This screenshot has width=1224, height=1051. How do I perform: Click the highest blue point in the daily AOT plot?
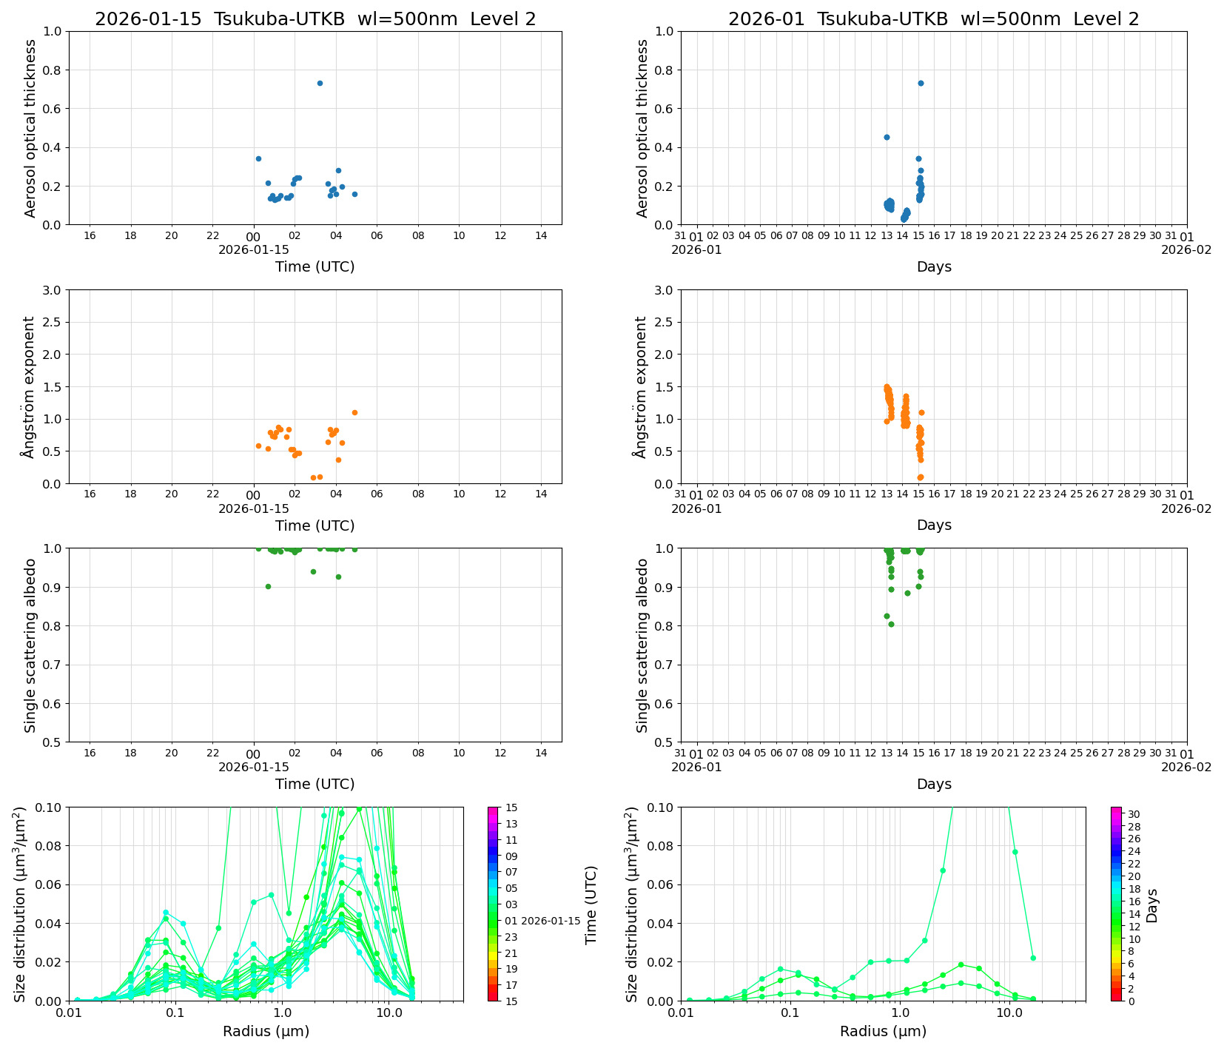coord(320,83)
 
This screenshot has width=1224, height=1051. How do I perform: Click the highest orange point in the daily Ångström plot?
coord(354,412)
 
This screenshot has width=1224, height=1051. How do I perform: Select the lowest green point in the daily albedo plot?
coord(268,586)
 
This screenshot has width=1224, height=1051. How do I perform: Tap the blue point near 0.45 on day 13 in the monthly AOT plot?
coord(887,137)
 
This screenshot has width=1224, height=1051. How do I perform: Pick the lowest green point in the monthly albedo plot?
coord(891,624)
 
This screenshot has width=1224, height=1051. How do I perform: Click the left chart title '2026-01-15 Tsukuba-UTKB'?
coord(315,19)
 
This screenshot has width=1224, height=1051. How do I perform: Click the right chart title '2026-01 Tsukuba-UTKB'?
coord(934,19)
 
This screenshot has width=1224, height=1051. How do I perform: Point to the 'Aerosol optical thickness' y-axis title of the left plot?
coord(30,128)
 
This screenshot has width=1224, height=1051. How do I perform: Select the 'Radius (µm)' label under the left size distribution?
coord(266,1031)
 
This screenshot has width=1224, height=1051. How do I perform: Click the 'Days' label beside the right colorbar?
coord(1152,905)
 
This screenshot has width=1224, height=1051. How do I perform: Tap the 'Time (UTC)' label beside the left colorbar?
coord(591,904)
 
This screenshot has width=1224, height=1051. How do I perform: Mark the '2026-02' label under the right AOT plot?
coord(1186,249)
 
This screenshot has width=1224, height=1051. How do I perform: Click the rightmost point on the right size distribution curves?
coord(1033,958)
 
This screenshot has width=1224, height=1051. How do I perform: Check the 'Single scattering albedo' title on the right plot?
coord(642,645)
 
